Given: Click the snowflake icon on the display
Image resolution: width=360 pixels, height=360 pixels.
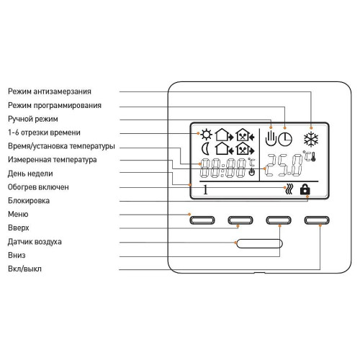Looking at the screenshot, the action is pos(311,139).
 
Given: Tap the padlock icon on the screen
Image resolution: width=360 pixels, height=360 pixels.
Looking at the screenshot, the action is pos(305,189).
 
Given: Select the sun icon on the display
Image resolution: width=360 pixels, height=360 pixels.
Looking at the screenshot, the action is pos(207,135).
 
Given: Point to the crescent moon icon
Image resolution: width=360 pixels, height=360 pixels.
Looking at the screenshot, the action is pos(205,149).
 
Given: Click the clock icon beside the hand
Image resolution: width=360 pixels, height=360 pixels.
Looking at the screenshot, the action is pos(285,139).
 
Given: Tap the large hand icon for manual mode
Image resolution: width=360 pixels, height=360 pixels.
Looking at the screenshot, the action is pos(271,138).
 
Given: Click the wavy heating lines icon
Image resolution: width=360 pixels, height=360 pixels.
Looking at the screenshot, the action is pos(289,189).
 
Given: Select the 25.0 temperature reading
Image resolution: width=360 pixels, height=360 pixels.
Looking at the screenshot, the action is pos(284,165).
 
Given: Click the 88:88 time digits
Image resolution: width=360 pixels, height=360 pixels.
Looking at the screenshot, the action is pos(222,168).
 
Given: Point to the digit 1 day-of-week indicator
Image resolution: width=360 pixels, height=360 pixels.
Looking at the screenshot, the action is pos(205,189).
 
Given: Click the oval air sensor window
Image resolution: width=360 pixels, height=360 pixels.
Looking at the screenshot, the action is pos(259,243).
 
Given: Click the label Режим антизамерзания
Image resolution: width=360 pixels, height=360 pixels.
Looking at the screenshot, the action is pos(50,91).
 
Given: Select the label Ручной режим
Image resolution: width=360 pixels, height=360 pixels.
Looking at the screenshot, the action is pos(33,119).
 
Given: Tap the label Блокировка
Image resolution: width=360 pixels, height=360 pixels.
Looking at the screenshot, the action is pos(29,201).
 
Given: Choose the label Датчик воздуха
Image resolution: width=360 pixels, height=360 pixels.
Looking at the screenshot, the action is pos(35,242).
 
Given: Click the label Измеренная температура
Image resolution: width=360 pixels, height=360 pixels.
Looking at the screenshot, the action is pos(53,160).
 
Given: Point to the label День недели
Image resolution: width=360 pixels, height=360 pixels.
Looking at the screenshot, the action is pos(30,174).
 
